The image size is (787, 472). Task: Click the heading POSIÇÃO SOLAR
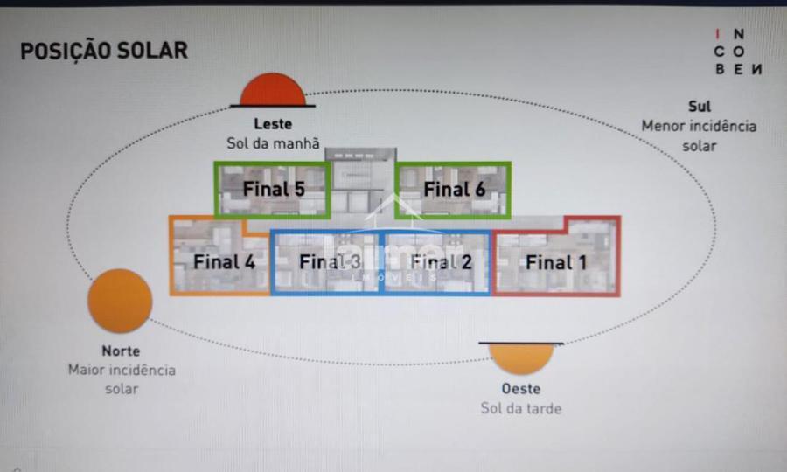103,51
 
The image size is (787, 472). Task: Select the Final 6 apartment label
454,188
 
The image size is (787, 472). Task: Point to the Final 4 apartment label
224,260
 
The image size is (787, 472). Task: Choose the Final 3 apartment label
329,260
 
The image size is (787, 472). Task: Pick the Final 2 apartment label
441,260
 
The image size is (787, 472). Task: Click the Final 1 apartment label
556,260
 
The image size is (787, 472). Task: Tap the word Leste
273,124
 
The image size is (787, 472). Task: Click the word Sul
699,107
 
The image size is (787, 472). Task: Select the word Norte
121,351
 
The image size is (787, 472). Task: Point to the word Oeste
520,389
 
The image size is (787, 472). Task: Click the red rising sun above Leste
273,90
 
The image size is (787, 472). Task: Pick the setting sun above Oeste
521,357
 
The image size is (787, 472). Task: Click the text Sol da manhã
273,143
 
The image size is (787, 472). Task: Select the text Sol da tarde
520,408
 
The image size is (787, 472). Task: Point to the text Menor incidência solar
699,135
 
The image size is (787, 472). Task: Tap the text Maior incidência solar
122,378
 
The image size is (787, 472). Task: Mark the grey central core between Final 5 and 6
361,184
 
